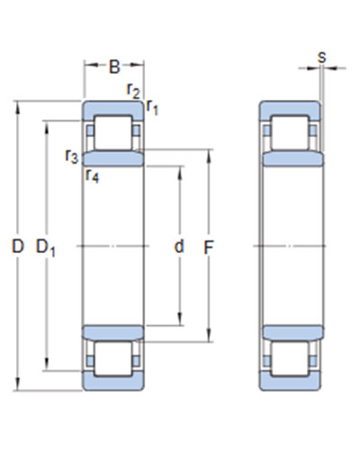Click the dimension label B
click(x=114, y=67)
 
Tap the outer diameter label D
click(x=18, y=247)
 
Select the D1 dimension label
click(x=45, y=247)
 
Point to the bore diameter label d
click(x=179, y=247)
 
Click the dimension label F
click(x=208, y=247)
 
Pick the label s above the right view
click(x=322, y=57)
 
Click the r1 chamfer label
click(x=152, y=108)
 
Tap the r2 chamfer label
click(x=133, y=90)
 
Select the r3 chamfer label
click(x=72, y=156)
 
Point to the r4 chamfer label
click(x=92, y=175)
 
